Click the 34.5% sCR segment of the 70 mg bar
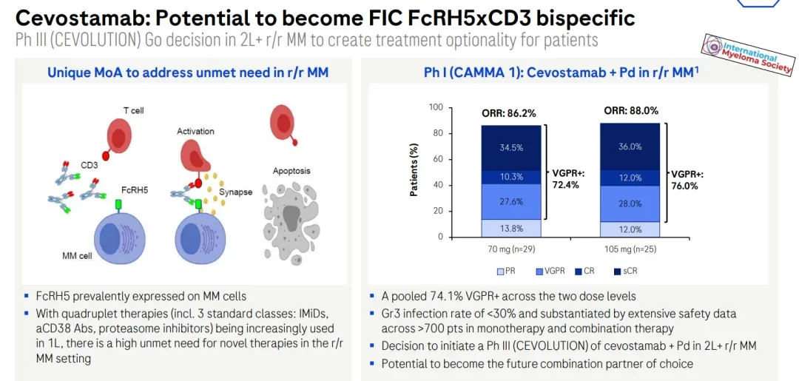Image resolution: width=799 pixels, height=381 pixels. click(x=511, y=148)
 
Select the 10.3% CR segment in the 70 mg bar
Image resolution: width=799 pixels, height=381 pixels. click(x=511, y=178)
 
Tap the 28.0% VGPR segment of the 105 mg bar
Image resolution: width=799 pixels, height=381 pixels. click(x=630, y=203)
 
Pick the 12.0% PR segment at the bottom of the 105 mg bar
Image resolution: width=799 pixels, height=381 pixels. click(x=630, y=230)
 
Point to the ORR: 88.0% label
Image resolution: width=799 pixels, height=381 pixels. click(x=631, y=110)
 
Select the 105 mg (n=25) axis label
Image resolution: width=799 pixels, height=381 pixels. click(x=630, y=249)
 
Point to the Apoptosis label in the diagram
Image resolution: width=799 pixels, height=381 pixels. click(x=291, y=171)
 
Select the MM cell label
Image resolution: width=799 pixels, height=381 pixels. click(x=75, y=255)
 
